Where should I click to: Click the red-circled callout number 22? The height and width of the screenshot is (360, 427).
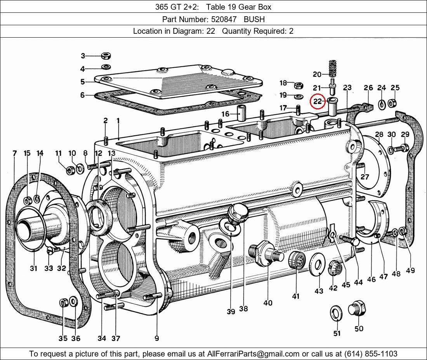(318, 102)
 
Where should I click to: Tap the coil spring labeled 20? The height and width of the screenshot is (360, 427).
(332, 68)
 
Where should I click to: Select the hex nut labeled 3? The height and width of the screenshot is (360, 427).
(106, 56)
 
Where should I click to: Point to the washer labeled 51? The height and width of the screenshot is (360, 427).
(336, 313)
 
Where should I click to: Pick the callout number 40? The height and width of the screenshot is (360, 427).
(268, 303)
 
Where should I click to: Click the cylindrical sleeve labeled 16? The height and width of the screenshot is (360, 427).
(241, 113)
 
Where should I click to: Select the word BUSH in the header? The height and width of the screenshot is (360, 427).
(254, 19)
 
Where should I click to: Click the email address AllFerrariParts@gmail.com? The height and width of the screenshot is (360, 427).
(253, 354)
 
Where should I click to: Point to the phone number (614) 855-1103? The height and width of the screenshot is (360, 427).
(371, 354)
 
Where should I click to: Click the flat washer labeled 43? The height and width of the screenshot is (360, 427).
(317, 264)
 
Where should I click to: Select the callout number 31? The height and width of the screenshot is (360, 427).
(33, 268)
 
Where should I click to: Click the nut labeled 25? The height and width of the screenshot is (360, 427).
(392, 103)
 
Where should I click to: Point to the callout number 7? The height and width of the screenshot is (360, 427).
(14, 153)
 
